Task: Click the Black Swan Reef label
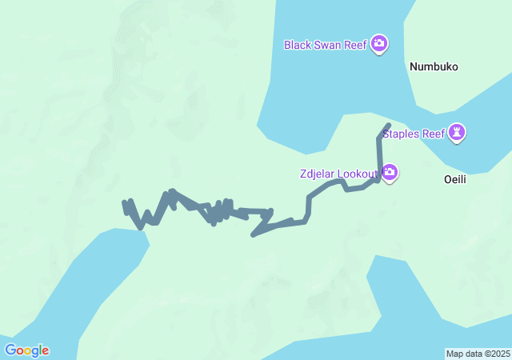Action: tap(325, 45)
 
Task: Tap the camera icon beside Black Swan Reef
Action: tap(379, 44)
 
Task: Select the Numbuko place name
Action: tap(434, 67)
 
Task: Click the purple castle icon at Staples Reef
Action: tap(457, 133)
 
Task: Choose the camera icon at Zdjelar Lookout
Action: tap(390, 173)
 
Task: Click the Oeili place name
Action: tap(454, 180)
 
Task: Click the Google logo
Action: tap(26, 350)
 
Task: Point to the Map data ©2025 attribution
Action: tap(478, 354)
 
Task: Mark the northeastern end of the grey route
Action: tap(388, 125)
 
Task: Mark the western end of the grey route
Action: tap(125, 203)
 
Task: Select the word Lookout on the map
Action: tap(358, 174)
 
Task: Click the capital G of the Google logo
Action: tap(10, 350)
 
